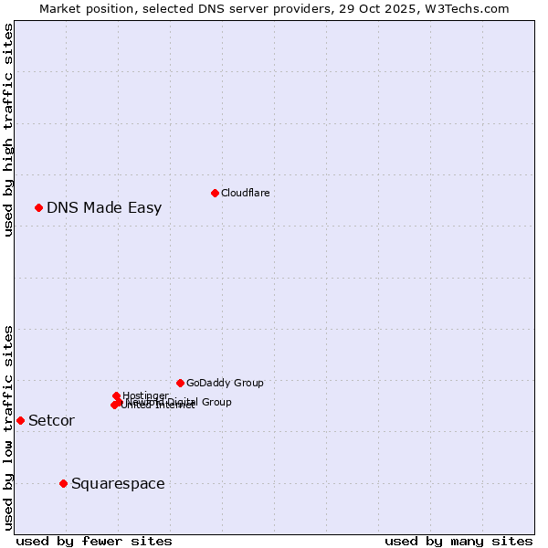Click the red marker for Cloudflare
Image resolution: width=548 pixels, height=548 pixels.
215,193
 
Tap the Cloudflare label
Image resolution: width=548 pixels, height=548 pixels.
245,193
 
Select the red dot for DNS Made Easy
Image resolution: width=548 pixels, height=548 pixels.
38,207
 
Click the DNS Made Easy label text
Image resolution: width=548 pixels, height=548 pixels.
104,207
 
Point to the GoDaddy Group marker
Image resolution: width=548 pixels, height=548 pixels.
180,383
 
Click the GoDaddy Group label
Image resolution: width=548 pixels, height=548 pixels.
225,383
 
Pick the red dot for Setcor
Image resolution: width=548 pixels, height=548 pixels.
20,420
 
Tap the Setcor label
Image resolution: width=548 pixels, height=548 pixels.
51,420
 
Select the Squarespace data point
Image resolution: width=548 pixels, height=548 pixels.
63,483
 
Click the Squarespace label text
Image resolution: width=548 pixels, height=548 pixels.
118,483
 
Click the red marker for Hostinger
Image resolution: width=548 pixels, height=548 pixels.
117,396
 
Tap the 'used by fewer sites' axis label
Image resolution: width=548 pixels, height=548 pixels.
94,541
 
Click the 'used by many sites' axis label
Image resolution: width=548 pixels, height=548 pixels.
458,541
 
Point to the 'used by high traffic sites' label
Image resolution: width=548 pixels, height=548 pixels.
8,130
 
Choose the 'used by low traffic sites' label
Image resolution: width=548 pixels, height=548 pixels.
8,427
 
